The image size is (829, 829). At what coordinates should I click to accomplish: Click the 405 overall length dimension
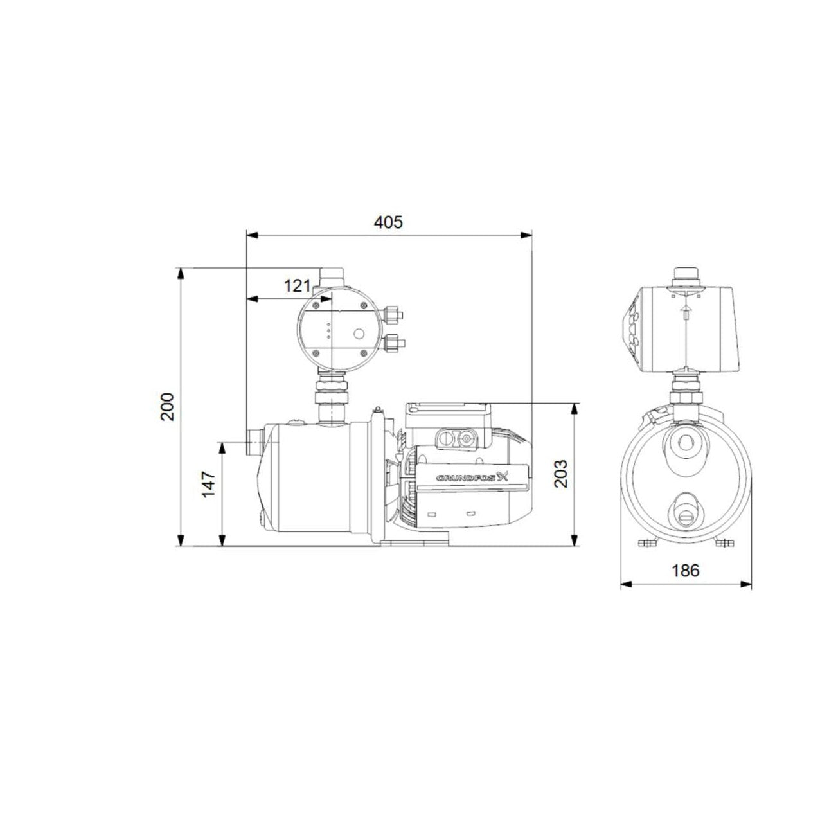[x=388, y=222]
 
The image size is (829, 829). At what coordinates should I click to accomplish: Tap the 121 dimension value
[x=297, y=285]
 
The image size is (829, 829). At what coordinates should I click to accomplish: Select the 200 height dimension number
[x=167, y=406]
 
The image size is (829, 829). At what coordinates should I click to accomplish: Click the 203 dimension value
[x=560, y=474]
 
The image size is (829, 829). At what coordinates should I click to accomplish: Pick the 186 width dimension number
[x=686, y=571]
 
